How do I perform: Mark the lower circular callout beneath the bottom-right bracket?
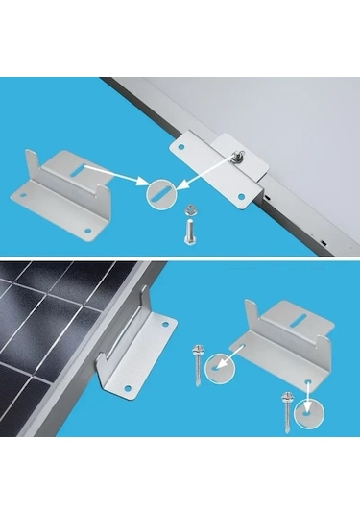[x=307, y=411]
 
